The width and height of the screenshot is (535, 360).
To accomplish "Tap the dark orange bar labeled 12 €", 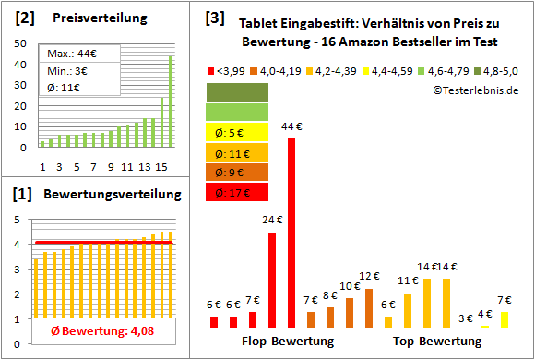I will pyautogui.click(x=369, y=308).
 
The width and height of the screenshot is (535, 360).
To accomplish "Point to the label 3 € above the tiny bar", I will pyautogui.click(x=466, y=318).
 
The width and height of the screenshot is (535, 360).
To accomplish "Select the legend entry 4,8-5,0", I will pyautogui.click(x=497, y=70).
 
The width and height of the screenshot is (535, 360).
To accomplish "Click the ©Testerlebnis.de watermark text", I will pyautogui.click(x=475, y=90).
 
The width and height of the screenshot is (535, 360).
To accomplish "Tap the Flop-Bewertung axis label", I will pyautogui.click(x=287, y=342).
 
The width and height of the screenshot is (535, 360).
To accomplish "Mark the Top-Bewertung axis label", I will pyautogui.click(x=437, y=342).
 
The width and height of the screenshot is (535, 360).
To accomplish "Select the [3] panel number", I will pyautogui.click(x=214, y=17).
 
